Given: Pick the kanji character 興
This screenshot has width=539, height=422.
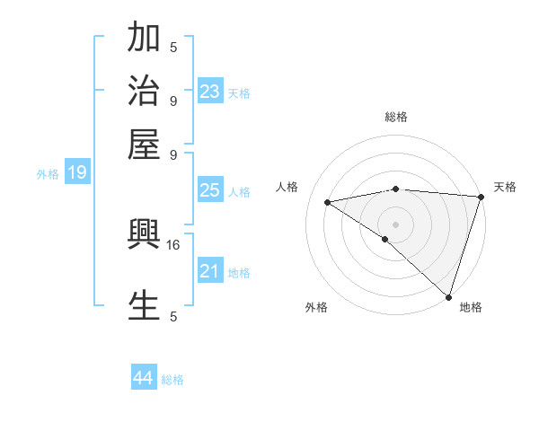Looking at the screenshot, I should tap(144, 236).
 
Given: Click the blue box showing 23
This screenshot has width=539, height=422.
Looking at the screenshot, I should tap(210, 92).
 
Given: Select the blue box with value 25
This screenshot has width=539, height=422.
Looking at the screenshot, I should tap(210, 190).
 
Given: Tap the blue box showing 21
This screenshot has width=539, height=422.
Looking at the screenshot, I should tap(210, 271).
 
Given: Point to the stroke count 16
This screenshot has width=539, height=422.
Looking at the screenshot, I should tap(173, 244).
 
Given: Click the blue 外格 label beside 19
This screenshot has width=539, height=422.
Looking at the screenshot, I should tap(48, 174).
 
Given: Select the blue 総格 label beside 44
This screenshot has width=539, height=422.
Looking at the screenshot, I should tap(172, 380).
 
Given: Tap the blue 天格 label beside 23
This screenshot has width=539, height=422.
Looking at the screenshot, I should tap(239, 93).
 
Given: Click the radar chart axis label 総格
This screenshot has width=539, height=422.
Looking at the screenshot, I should tap(396, 117).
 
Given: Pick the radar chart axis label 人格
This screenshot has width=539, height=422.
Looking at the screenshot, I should tap(287, 187).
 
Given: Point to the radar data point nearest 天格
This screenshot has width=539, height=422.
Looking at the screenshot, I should tap(482, 197).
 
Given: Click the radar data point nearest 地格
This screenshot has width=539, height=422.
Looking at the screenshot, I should tap(447, 296).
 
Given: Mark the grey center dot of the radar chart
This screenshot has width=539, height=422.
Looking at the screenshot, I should tap(395, 224).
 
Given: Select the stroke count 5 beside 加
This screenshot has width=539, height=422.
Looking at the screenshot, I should tap(173, 48).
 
